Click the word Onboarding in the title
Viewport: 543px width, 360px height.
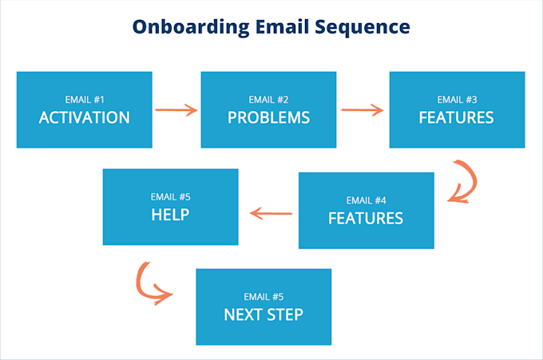click(185, 27)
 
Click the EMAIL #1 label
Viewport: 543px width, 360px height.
click(84, 100)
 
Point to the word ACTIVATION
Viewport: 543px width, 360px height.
click(84, 118)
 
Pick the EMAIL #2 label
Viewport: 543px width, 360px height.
click(268, 100)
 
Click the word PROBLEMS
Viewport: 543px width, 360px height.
click(268, 118)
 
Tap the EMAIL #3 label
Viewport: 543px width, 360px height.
click(457, 100)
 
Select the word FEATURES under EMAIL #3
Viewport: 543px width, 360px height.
click(457, 118)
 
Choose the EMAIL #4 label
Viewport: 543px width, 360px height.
click(366, 200)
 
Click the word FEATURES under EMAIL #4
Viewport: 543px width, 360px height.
click(366, 218)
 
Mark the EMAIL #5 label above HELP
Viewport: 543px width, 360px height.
click(170, 196)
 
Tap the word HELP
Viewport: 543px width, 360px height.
click(170, 215)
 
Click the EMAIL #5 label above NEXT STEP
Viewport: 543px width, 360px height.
click(264, 296)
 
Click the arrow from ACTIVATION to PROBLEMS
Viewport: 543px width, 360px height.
click(176, 109)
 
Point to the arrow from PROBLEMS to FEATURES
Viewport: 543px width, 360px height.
click(362, 109)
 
